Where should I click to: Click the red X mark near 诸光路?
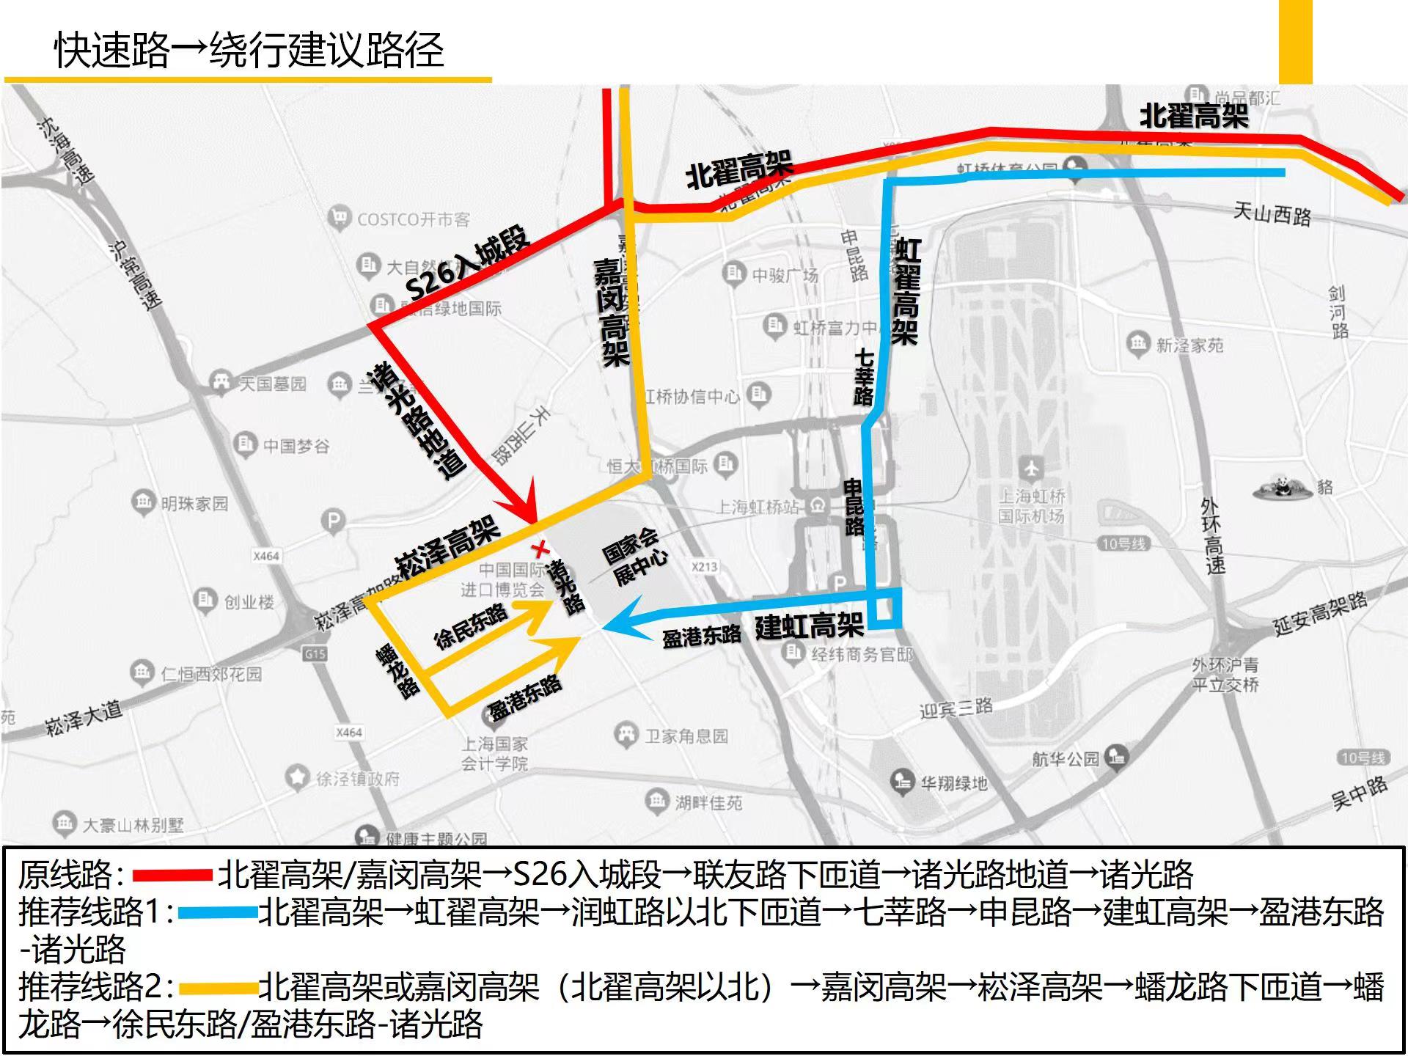point(541,549)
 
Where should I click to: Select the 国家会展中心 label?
point(634,557)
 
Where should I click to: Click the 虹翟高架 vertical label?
point(906,291)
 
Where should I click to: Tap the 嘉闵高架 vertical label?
point(612,312)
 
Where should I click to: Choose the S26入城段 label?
point(467,263)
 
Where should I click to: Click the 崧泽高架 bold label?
point(447,546)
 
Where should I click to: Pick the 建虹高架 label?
point(809,626)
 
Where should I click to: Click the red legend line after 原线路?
point(172,875)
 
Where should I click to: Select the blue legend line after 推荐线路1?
point(217,913)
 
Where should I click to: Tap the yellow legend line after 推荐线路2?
point(217,988)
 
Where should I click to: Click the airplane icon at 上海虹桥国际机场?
point(1031,466)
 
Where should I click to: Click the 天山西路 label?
point(1272,214)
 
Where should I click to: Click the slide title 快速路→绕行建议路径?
point(249,50)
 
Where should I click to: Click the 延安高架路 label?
point(1320,613)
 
